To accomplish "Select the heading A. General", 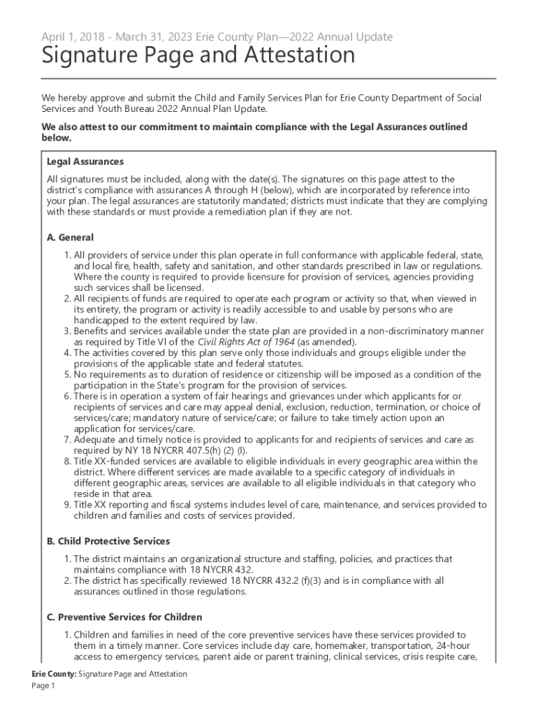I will (70, 237).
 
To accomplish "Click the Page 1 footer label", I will (43, 686).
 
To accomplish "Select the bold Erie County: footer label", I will (54, 674).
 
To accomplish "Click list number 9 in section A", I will (67, 504).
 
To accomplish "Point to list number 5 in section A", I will (67, 374).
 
